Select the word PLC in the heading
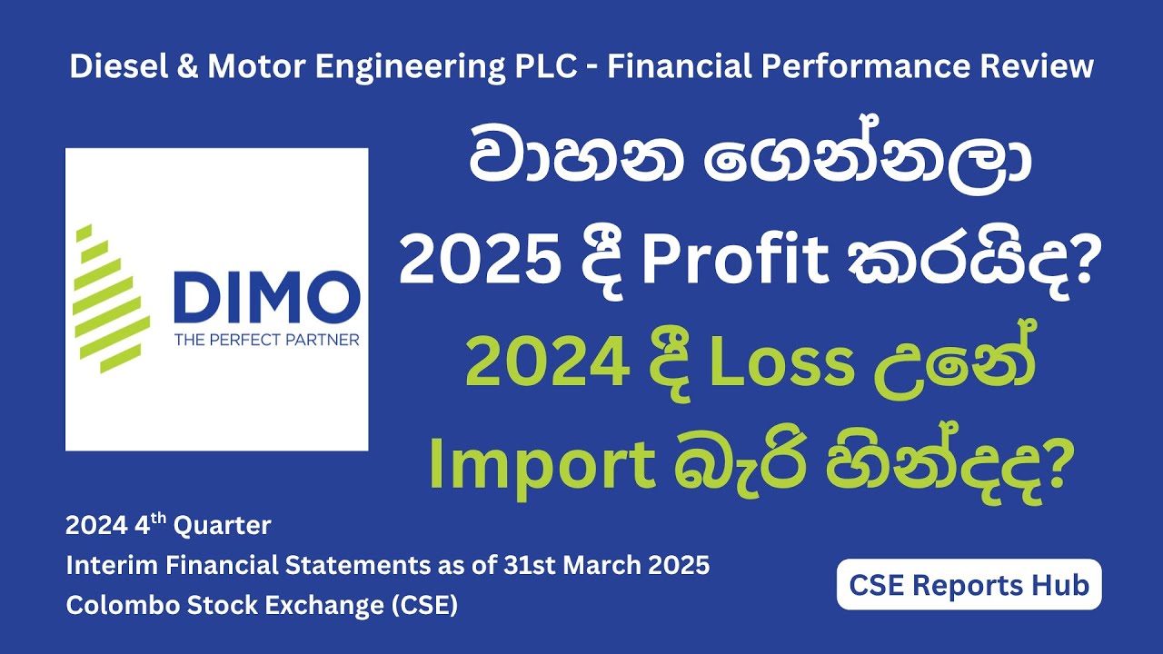[x=544, y=67]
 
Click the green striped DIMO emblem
[x=111, y=298]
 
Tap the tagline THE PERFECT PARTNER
[x=267, y=341]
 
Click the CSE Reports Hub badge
[x=969, y=585]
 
